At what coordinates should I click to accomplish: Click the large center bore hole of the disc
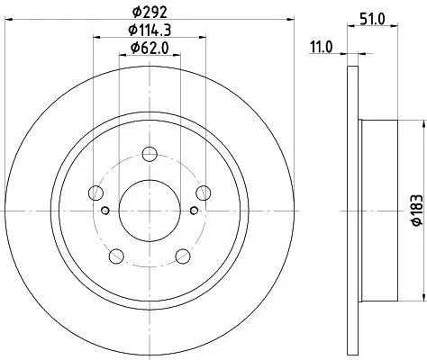[150, 205]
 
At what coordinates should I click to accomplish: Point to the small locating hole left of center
[106, 211]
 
